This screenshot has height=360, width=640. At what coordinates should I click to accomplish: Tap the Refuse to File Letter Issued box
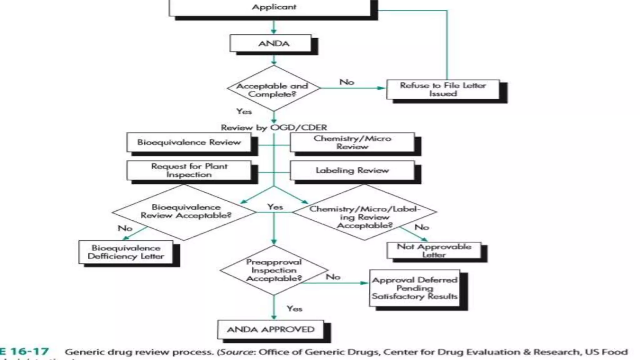coord(443,89)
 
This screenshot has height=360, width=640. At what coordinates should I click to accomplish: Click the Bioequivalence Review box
coord(189,142)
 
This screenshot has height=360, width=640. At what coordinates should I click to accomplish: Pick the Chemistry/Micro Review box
coord(352,142)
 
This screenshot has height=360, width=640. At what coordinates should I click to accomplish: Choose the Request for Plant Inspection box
coord(189,170)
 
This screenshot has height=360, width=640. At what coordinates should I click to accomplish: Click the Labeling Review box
coord(352,170)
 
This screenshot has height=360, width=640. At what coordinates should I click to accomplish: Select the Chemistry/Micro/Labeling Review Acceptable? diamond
coord(364,212)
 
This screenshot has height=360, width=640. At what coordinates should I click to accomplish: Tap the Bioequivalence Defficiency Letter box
coord(126,252)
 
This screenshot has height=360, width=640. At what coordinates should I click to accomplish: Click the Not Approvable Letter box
coord(434,250)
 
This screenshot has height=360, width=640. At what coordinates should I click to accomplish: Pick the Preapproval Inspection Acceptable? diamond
coord(274,270)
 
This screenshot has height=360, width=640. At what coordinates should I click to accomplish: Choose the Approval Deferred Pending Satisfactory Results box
coord(414,288)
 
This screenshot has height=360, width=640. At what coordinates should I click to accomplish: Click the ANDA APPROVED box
coord(271,329)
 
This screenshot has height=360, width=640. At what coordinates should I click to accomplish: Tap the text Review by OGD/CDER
coord(274,127)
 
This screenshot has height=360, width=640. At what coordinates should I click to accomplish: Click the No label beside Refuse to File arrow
coord(347,82)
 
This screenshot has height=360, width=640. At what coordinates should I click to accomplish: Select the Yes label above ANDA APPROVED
coord(294,309)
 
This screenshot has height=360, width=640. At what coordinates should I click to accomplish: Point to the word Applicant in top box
coord(274,7)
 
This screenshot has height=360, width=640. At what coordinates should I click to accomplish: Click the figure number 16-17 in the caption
coord(30,352)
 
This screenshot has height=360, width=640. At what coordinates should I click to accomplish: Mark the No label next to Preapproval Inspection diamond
coord(333,277)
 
